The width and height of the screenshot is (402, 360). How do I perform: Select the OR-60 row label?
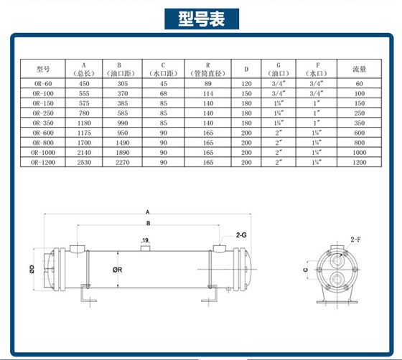coord(42,83)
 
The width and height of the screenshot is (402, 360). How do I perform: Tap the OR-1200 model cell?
coord(42,164)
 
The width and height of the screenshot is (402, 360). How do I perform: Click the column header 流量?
coord(360,70)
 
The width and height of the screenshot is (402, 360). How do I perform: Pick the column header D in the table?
coord(246,70)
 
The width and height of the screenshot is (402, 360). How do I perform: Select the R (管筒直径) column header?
coord(207,69)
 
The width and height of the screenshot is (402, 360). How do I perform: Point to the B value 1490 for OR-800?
coord(123,143)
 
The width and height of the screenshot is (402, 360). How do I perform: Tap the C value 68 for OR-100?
coord(163,93)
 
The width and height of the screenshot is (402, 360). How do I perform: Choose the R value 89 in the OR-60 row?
coord(207,83)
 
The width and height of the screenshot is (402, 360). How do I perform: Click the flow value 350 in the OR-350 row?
coord(360,123)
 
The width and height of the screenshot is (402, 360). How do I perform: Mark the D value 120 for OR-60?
coord(246,83)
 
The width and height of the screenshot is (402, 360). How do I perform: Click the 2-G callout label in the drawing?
coord(242,235)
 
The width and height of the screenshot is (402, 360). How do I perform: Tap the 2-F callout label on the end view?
coord(356,238)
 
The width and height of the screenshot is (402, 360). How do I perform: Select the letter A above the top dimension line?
coord(147,212)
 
